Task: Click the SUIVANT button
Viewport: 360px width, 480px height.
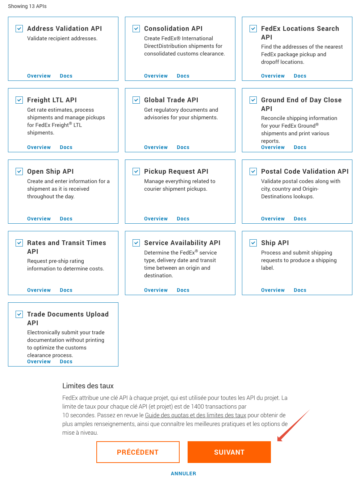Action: (x=229, y=452)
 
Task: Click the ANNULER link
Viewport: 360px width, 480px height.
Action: (x=183, y=473)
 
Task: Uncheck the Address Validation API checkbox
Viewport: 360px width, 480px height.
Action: (x=19, y=29)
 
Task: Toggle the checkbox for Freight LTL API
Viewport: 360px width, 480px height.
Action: (x=19, y=100)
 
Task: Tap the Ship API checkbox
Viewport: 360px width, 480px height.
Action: (x=253, y=243)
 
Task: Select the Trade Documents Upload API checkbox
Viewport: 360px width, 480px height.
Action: (x=19, y=314)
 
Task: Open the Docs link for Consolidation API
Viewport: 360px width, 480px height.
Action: (x=183, y=76)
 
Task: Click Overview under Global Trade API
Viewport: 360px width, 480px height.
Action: (x=156, y=147)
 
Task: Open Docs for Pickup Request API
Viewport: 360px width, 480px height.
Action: (x=183, y=219)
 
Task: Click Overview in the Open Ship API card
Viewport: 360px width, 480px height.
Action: (x=39, y=219)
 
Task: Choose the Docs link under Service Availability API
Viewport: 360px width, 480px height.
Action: (x=183, y=290)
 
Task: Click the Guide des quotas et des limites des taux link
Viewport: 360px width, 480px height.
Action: (x=195, y=415)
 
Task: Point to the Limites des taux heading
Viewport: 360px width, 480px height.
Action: (x=88, y=386)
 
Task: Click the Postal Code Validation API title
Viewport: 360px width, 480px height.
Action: (x=305, y=171)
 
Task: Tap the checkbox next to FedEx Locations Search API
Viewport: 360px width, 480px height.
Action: (x=253, y=29)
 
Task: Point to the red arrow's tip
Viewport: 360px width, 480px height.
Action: (x=278, y=440)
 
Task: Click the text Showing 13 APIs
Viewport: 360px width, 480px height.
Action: (x=27, y=6)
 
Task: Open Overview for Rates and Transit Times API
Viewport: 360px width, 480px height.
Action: (x=39, y=290)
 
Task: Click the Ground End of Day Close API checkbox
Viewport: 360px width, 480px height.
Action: (x=253, y=100)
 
